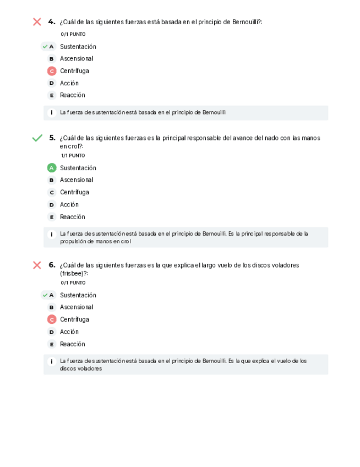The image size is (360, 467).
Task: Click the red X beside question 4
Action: [37, 22]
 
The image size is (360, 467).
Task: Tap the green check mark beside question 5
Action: [37, 138]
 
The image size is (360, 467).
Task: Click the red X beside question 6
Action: [37, 265]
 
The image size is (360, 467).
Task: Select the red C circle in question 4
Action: [52, 71]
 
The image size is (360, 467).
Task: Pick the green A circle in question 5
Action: [52, 168]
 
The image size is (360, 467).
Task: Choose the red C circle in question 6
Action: [52, 319]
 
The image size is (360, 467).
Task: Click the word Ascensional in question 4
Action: [77, 58]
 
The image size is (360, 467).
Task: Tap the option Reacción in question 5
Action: [73, 217]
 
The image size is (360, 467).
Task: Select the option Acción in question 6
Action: [69, 332]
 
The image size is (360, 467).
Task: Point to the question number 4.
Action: [51, 21]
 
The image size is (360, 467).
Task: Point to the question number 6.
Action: [51, 264]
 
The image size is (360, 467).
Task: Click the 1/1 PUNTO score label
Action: [73, 156]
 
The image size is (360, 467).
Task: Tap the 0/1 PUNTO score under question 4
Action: [73, 34]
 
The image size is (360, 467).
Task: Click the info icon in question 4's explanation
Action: [52, 113]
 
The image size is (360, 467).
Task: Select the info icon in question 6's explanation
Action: [52, 362]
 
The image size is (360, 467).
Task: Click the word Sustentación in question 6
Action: [78, 295]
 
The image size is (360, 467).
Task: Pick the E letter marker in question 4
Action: [52, 95]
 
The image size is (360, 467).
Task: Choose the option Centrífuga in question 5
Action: [74, 192]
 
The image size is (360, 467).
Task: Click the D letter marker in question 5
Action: [52, 205]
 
